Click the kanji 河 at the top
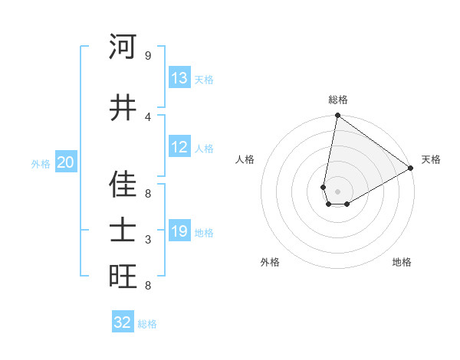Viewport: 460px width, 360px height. (123, 47)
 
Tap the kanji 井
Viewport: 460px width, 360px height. (123, 108)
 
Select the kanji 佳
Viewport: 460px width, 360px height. (123, 185)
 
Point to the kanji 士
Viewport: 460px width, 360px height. (123, 231)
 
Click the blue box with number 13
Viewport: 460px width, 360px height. (179, 79)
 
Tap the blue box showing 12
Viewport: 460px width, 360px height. (179, 148)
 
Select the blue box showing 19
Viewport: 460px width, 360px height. (179, 231)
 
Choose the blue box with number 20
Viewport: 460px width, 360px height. (66, 162)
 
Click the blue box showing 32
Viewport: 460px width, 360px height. (123, 322)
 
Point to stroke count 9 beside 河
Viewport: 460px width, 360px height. (148, 56)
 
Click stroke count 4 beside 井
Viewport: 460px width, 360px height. (148, 116)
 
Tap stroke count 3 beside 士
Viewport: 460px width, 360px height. (148, 240)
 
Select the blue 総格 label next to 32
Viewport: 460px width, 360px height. (147, 324)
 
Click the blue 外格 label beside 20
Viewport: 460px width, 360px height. (41, 163)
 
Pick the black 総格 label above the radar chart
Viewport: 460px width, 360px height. (338, 100)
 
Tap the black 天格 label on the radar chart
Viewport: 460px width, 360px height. (431, 159)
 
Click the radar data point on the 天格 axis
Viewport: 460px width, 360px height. (411, 168)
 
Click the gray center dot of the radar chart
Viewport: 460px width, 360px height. (338, 191)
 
